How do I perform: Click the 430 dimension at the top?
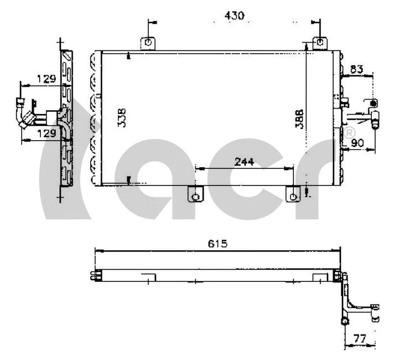[x=234, y=16]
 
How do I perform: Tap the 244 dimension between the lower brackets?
[x=244, y=161]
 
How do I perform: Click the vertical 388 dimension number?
[x=299, y=119]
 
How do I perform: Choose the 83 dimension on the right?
[x=356, y=69]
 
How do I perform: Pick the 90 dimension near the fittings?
[x=357, y=143]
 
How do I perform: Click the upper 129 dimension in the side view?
[x=46, y=79]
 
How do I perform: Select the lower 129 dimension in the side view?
[x=46, y=133]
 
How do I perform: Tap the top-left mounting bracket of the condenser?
[x=148, y=42]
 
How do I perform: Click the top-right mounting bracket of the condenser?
[x=319, y=42]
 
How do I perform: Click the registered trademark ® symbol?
[x=349, y=133]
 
